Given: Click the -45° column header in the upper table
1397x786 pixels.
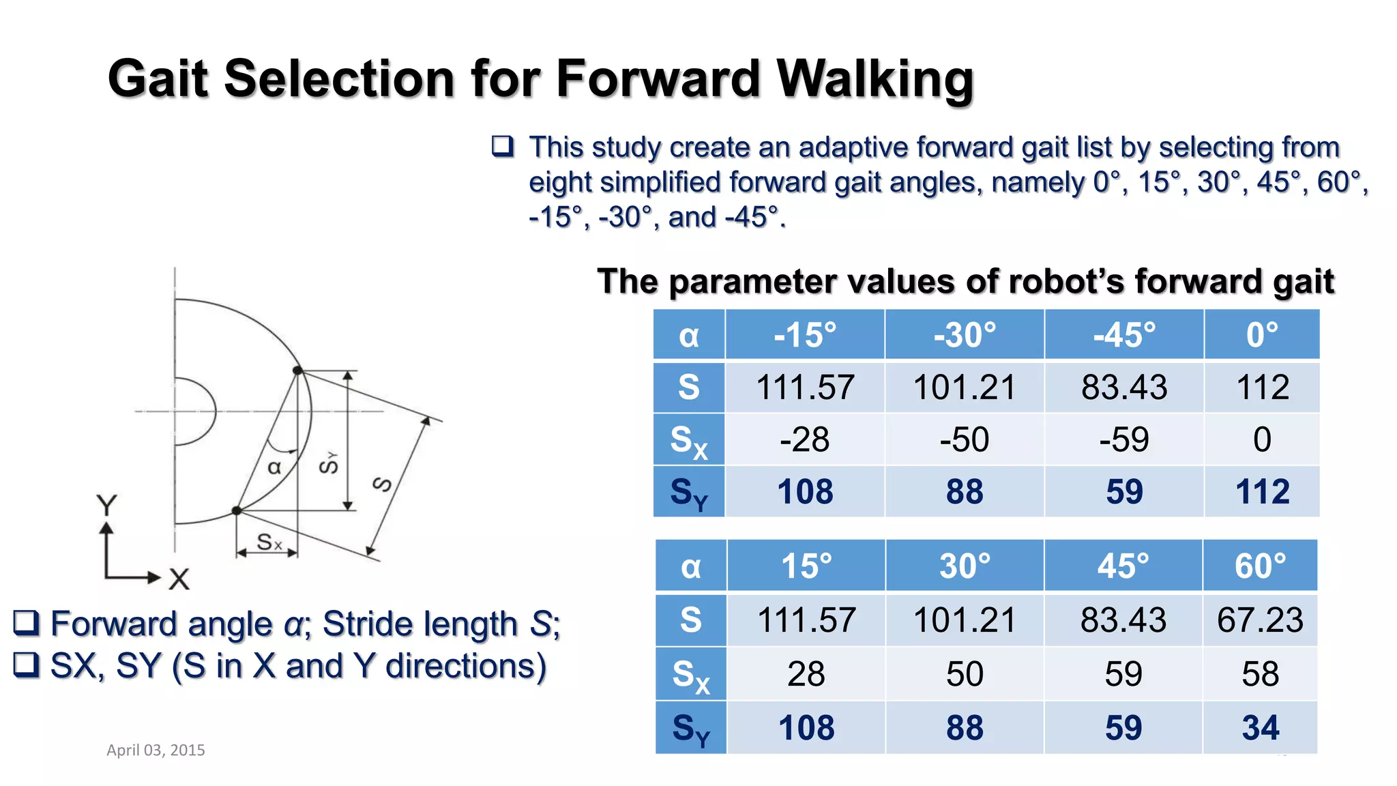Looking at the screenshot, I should click(x=1124, y=335).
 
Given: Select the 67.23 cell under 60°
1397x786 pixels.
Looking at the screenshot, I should click(x=1260, y=620).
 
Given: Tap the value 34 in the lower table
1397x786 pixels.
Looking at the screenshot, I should click(x=1260, y=727).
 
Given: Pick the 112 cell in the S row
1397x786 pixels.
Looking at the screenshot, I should click(x=1262, y=388).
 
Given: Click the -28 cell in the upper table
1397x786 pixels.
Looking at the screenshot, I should click(x=805, y=439).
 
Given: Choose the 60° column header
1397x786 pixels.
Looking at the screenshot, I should click(x=1260, y=566).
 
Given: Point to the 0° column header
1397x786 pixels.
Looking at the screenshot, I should click(x=1262, y=335).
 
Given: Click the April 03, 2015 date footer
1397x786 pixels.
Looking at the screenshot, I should click(x=156, y=750).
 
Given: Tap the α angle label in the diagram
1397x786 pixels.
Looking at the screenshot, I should click(x=274, y=468).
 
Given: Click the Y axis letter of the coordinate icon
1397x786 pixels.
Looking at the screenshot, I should click(x=107, y=506).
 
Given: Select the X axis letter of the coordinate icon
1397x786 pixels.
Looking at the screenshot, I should click(x=179, y=579).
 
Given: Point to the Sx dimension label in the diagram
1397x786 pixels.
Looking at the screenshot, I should click(x=269, y=542).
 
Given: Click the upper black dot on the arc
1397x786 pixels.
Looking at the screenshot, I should click(x=297, y=370).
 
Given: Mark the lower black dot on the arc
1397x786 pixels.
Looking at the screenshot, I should click(x=237, y=510).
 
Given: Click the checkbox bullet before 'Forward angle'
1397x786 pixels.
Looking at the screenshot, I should click(x=27, y=624).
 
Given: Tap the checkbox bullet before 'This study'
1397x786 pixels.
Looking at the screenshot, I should click(x=503, y=147).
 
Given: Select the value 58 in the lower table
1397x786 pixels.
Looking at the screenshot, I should click(x=1260, y=674).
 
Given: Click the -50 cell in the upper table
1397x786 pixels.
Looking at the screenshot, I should click(x=965, y=439).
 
